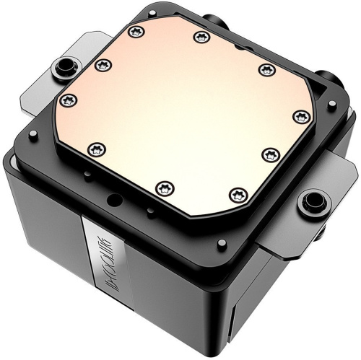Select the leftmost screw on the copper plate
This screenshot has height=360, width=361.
click(x=68, y=98)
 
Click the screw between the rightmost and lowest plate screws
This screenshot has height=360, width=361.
click(x=269, y=154)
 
